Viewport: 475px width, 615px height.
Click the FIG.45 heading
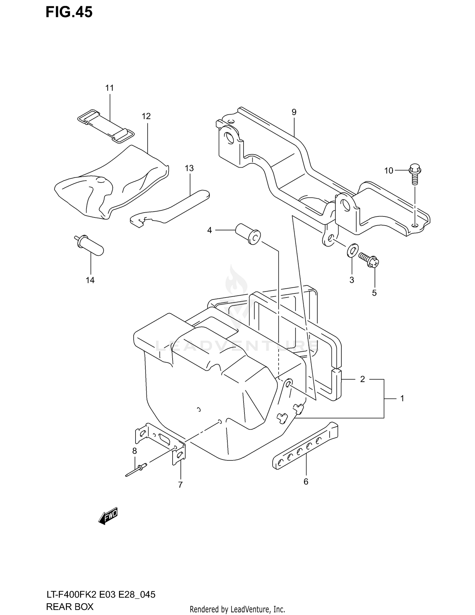click(x=69, y=12)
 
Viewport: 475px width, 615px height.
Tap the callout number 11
click(x=110, y=88)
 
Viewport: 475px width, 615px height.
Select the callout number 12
click(x=146, y=116)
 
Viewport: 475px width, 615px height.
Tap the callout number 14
click(x=90, y=280)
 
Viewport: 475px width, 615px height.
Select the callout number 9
click(x=294, y=112)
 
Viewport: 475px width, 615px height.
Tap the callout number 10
click(x=389, y=171)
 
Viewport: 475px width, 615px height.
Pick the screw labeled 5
click(x=369, y=259)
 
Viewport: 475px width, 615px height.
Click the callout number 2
click(x=363, y=379)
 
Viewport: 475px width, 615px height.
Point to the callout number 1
click(x=402, y=399)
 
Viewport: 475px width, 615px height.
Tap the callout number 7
click(x=180, y=485)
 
